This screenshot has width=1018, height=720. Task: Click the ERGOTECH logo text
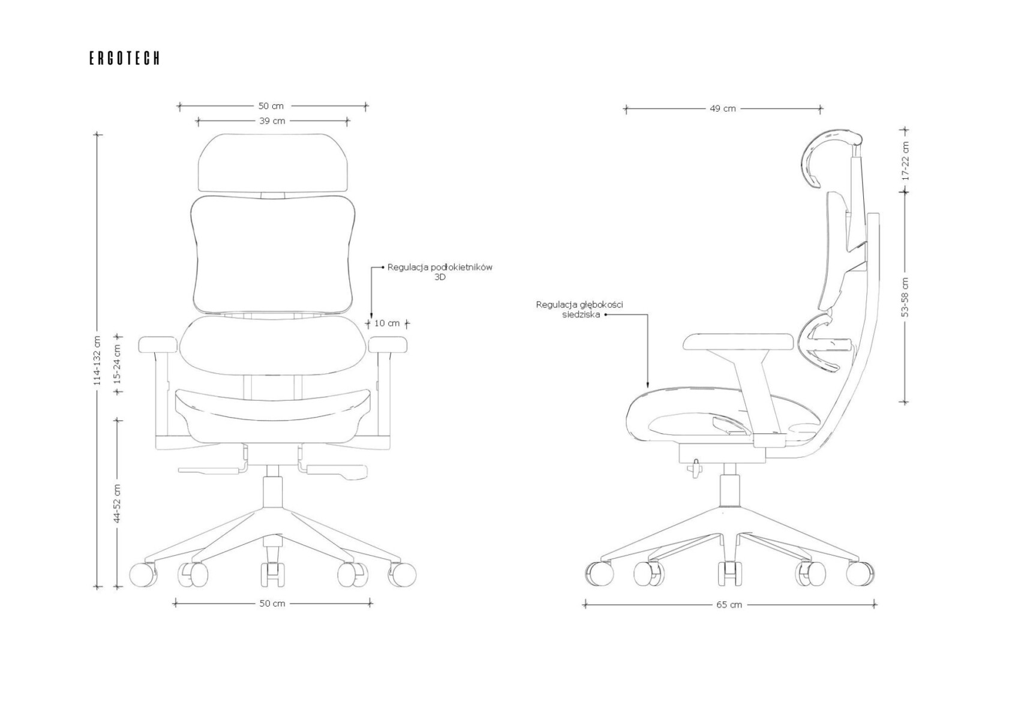124,58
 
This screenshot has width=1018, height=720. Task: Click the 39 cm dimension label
272,121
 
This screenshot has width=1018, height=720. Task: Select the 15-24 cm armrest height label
118,364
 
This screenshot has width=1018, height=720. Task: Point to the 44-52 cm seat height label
118,503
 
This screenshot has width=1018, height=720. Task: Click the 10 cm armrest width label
387,323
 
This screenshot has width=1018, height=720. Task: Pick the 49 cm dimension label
722,109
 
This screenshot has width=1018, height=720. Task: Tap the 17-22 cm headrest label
905,160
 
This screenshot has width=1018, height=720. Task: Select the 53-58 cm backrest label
905,297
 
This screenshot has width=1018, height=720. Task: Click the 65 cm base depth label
729,605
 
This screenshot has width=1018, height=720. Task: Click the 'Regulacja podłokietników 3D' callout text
440,272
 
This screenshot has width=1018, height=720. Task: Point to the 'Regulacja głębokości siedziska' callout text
579,309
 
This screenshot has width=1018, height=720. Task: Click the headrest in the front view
273,163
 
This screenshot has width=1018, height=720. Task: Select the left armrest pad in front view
158,344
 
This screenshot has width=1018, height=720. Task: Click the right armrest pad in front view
388,344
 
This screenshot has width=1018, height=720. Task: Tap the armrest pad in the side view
738,342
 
